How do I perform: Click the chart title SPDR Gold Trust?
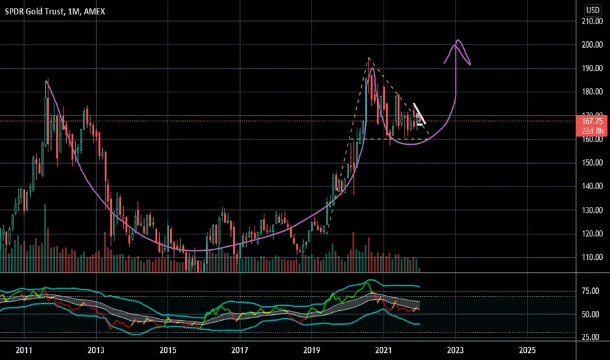pos(34,12)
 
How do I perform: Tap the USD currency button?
pos(593,10)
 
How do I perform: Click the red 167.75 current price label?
pos(592,121)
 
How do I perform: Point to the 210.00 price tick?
pos(592,22)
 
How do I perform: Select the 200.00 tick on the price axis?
pos(592,45)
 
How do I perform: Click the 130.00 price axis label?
pos(592,210)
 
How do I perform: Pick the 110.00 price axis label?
pos(592,257)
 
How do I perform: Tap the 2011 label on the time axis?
pos(24,350)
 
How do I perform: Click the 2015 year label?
pos(168,350)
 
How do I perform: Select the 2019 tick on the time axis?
pos(312,350)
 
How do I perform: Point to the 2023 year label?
pos(455,350)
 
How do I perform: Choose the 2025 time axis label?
pos(527,350)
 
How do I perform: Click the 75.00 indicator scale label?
pos(590,291)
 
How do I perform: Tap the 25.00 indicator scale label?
pos(590,338)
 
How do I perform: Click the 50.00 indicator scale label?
pos(590,314)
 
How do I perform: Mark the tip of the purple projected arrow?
pos(458,40)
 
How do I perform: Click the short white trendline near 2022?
pos(420,114)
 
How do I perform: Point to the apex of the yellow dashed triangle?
pos(368,58)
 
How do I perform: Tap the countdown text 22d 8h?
pos(592,131)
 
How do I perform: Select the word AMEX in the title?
pos(94,12)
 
